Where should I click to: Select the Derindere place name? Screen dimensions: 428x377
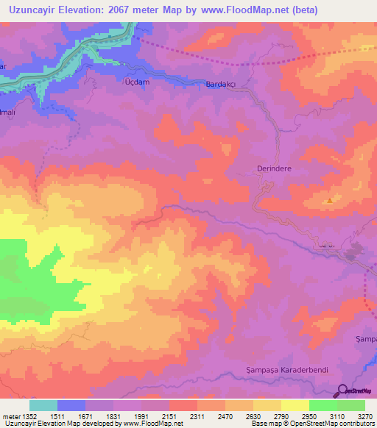pos(275,168)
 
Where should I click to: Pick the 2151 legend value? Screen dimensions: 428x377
pos(169,416)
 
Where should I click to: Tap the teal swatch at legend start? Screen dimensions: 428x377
pos(43,405)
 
